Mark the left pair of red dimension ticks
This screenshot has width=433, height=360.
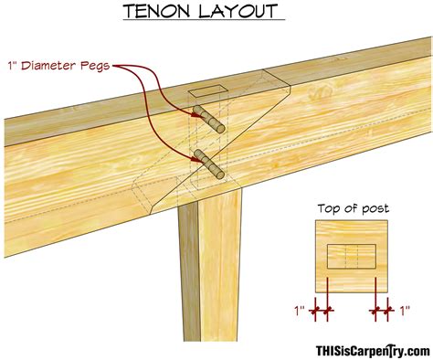(x=321, y=312)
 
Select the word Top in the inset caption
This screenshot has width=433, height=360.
(x=330, y=208)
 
